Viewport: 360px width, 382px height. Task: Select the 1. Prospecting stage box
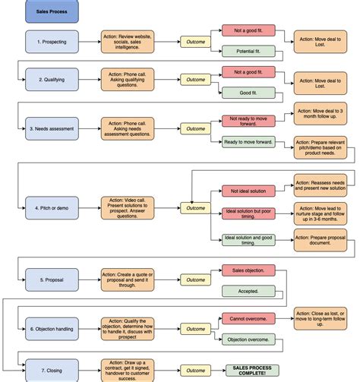(x=52, y=41)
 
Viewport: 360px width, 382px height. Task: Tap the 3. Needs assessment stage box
(x=52, y=128)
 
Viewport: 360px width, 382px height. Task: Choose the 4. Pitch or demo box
(x=52, y=207)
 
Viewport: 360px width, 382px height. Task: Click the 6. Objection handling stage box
(x=52, y=329)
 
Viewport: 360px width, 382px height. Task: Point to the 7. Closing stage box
(x=52, y=370)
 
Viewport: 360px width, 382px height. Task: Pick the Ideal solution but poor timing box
(x=247, y=215)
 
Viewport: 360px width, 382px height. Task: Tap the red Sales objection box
(x=243, y=270)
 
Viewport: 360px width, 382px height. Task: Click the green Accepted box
(x=243, y=291)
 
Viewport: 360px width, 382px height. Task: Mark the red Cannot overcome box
(x=243, y=319)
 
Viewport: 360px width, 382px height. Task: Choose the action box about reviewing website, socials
(x=128, y=41)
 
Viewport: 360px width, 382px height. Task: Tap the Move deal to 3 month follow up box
(x=320, y=115)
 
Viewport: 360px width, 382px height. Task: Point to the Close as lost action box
(x=320, y=319)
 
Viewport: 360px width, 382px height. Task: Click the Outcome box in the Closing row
(x=196, y=370)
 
